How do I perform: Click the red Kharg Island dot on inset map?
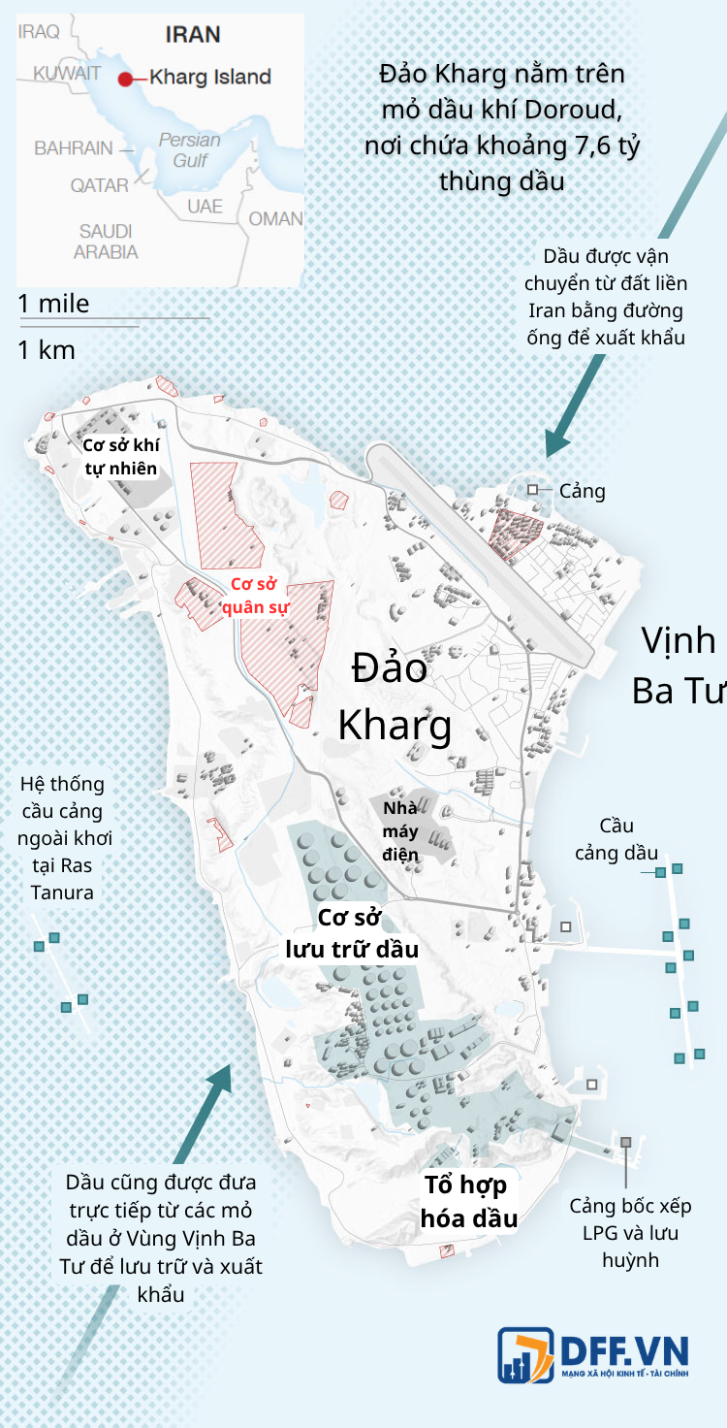(x=125, y=78)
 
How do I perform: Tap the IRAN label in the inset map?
(x=193, y=35)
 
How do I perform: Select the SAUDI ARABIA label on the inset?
(x=106, y=242)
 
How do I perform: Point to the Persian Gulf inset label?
(x=190, y=149)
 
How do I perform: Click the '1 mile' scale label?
(x=53, y=304)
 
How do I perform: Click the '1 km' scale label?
(x=47, y=350)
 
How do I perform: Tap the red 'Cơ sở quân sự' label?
(x=255, y=596)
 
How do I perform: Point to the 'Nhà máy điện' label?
(x=400, y=831)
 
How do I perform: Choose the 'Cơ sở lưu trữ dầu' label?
(x=351, y=933)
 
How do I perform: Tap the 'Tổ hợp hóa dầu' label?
(x=468, y=1202)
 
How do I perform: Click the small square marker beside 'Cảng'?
(x=533, y=490)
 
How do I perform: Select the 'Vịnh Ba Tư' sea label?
(x=679, y=665)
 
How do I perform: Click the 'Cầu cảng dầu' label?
(x=616, y=839)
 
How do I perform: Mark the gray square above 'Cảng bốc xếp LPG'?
(x=626, y=1143)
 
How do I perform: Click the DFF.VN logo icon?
(x=525, y=1354)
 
